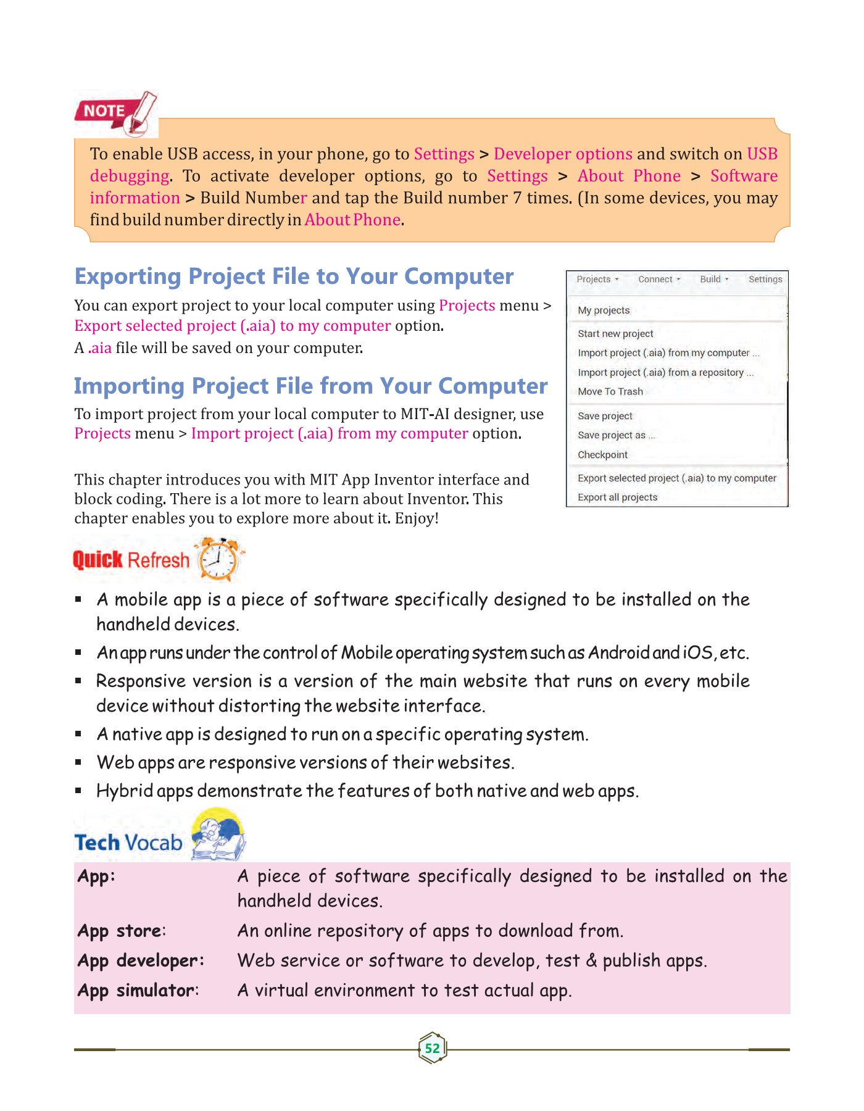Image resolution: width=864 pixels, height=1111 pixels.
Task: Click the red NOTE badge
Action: (104, 112)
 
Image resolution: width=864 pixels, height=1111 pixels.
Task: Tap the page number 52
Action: (432, 1048)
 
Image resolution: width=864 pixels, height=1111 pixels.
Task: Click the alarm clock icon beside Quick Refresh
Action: (218, 559)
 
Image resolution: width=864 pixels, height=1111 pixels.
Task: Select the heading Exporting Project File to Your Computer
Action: (294, 277)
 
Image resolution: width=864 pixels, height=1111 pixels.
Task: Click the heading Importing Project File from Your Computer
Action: (310, 386)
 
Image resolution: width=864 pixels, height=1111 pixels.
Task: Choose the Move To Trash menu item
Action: (610, 391)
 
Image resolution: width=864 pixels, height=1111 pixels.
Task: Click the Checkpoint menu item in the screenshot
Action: (602, 455)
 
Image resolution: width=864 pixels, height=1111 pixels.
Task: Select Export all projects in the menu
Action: (617, 497)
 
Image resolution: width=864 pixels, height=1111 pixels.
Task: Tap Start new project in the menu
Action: (615, 334)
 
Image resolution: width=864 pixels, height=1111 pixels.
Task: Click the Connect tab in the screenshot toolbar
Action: (658, 280)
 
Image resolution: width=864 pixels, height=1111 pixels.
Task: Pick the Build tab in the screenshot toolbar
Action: (713, 280)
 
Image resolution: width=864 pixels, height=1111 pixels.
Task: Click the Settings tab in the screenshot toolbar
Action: (765, 280)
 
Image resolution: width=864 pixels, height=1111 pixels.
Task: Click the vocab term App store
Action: (121, 931)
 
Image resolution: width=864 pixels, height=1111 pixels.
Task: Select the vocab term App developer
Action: (140, 961)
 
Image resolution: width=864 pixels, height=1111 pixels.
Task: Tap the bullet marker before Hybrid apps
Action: (78, 791)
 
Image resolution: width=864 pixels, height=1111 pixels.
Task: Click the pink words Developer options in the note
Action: (563, 154)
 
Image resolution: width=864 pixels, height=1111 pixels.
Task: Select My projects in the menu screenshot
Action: (603, 310)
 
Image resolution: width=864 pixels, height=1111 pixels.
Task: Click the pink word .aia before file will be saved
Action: (100, 348)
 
